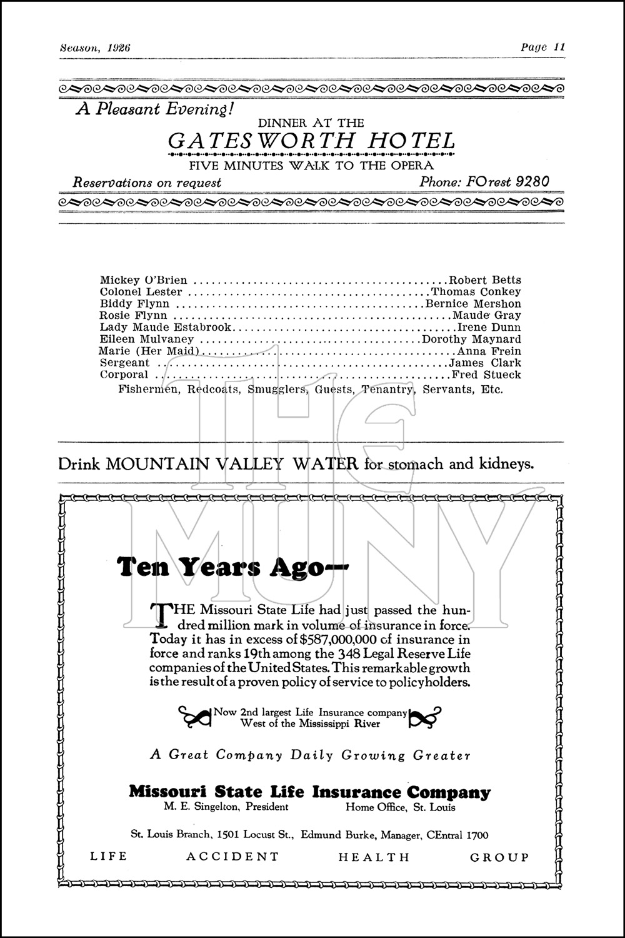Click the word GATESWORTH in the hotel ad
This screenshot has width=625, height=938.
256,141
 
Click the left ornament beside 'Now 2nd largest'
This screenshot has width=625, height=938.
194,717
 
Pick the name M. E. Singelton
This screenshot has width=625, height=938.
203,807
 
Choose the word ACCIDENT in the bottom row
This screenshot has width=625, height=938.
232,857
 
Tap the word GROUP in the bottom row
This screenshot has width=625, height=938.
499,857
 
